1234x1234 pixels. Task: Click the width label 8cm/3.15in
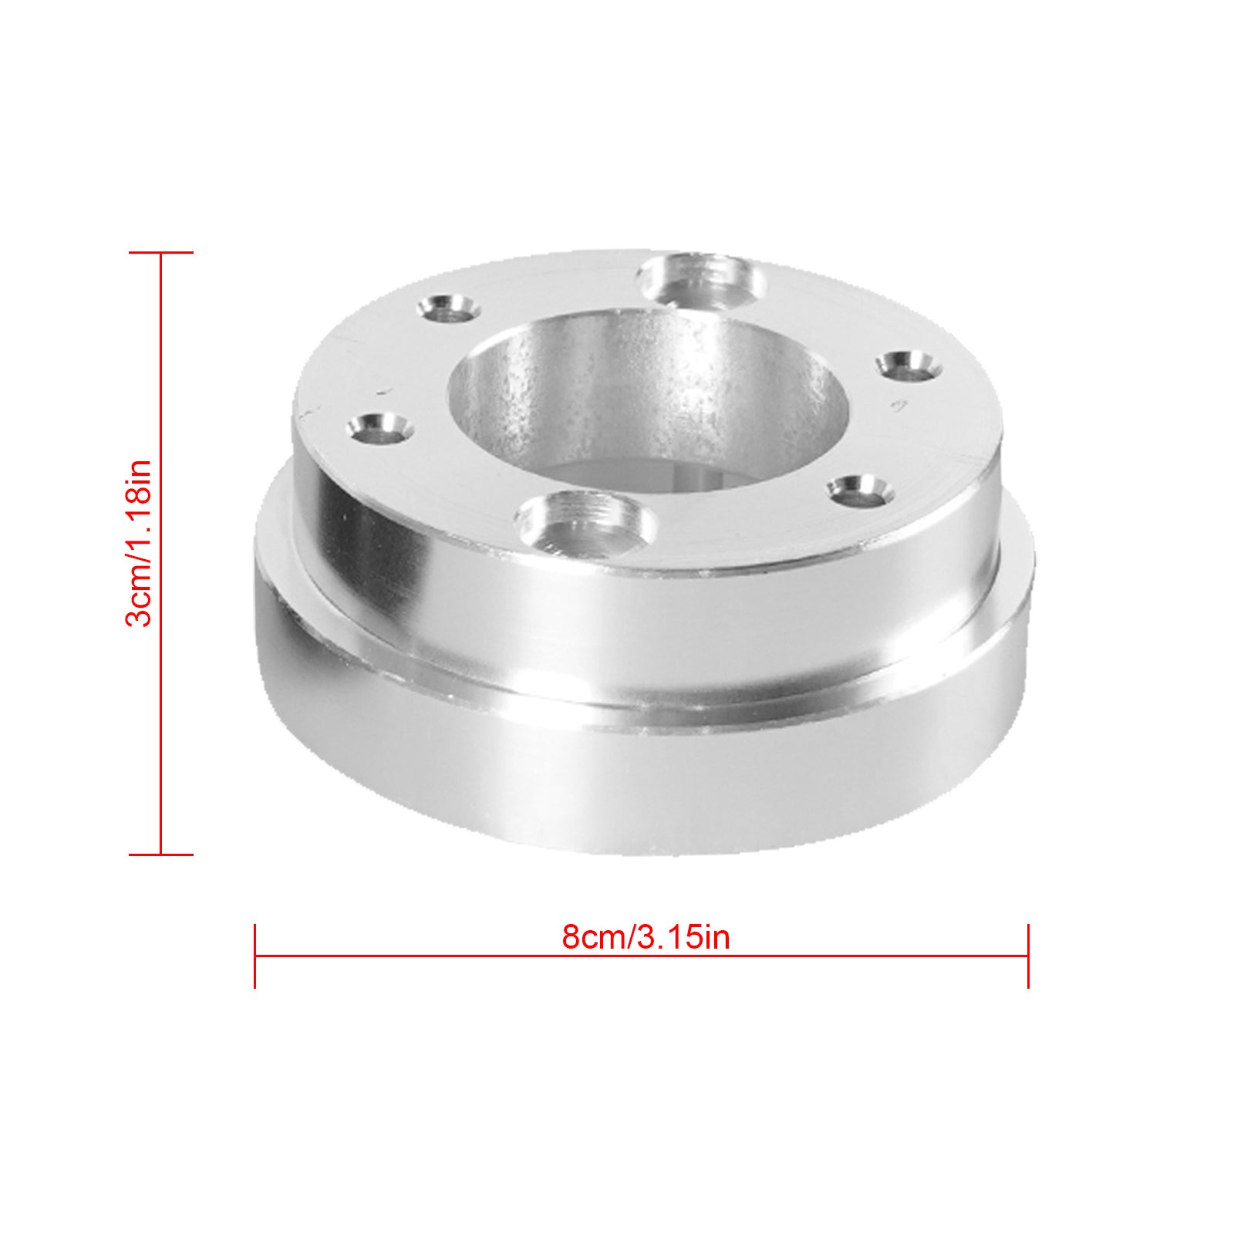tap(646, 937)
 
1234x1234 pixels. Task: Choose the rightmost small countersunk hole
tap(910, 364)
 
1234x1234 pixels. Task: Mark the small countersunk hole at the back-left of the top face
tap(448, 308)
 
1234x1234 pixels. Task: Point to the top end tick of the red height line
tap(160, 252)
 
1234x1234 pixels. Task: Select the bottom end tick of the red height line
tap(160, 854)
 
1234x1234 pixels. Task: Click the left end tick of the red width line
tap(255, 956)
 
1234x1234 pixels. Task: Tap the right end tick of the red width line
tap(1028, 956)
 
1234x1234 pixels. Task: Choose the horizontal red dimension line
tap(463, 956)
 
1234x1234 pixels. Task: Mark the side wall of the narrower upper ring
tap(617, 617)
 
